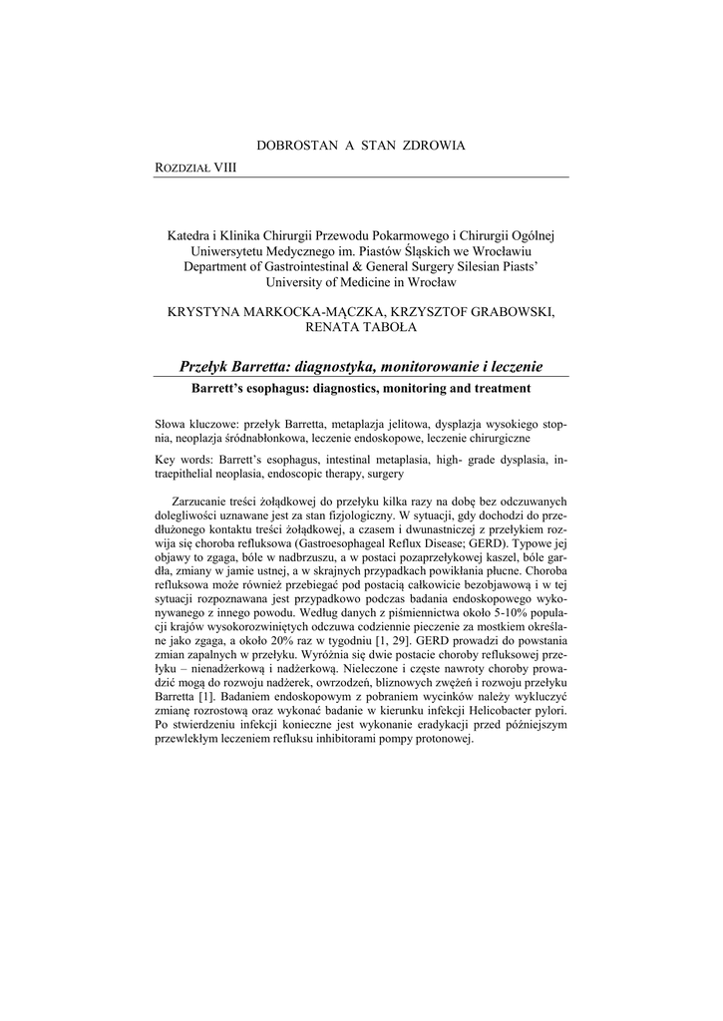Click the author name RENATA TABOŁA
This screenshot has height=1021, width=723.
[x=361, y=328]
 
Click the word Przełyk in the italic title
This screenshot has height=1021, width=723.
[x=210, y=367]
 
